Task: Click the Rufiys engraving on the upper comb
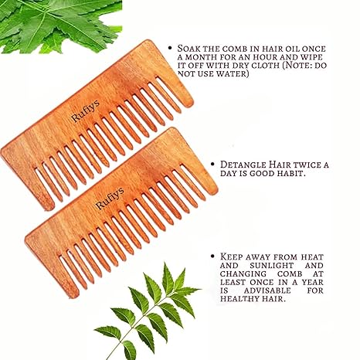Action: (x=85, y=111)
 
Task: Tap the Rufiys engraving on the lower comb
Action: (x=110, y=198)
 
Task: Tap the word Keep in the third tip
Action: (x=231, y=256)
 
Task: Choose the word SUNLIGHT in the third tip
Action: (x=272, y=266)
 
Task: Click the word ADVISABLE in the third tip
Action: (x=267, y=290)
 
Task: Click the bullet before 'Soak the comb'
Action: (x=170, y=48)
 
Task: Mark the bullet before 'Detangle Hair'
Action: (x=212, y=164)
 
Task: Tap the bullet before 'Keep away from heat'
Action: (x=212, y=256)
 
